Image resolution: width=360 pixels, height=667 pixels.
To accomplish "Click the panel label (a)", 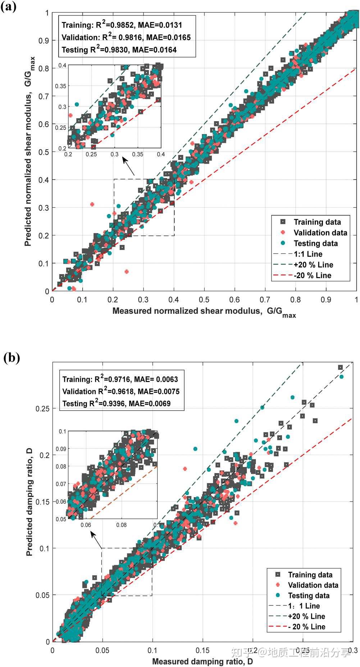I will coord(8,6).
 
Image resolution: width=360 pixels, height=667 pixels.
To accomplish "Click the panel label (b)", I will coord(12,358).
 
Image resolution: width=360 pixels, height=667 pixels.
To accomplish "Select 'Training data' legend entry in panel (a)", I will coord(317,222).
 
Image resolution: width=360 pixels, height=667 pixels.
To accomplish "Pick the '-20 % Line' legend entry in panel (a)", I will coord(313,276).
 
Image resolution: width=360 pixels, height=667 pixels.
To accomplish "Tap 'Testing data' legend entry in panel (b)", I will coord(309,595).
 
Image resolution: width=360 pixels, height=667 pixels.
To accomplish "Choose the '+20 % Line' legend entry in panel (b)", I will coord(306,616).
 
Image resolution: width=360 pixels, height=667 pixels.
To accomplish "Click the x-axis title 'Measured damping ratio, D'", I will coord(202,661).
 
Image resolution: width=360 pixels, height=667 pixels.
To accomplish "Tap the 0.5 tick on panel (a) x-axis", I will coord(204,300).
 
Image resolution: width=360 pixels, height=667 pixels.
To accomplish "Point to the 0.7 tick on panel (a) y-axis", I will coord(44,96).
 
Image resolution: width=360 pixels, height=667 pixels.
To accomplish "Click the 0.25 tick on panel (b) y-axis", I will coord(42,409).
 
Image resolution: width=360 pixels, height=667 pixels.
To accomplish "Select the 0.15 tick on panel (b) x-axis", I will coord(202,650).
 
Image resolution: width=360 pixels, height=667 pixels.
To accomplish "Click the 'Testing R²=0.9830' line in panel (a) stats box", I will coord(119,50).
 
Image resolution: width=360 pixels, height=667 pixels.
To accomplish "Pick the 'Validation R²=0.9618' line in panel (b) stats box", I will coord(121,391).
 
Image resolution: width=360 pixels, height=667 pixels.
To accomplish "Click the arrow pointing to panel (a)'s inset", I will coord(128,166).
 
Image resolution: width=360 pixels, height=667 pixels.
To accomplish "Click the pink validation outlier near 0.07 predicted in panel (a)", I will coord(126,272).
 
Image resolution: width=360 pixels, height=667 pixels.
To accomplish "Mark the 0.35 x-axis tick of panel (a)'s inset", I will coord(137,154).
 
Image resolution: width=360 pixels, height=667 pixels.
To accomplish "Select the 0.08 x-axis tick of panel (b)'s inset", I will coord(121,525).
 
